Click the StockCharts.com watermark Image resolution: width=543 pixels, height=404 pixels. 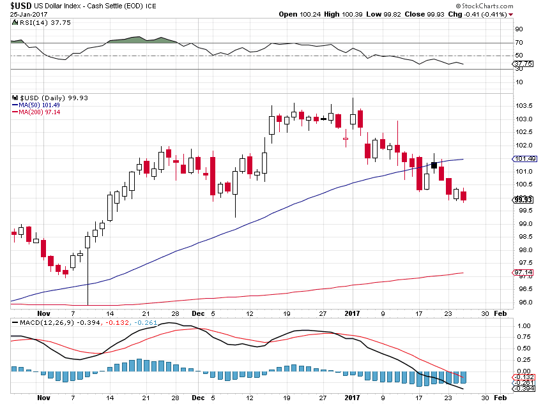(x=484, y=6)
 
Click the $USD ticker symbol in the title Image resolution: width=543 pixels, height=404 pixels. (x=21, y=6)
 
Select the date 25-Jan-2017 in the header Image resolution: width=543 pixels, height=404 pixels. (x=29, y=15)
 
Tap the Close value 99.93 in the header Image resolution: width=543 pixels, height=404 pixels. (x=435, y=15)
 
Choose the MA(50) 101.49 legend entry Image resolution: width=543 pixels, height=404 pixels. (x=36, y=105)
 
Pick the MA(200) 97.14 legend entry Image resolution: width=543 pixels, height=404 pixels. (x=36, y=112)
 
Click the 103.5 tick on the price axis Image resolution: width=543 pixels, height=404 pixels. (x=524, y=106)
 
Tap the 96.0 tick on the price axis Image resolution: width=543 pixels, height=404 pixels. (x=524, y=303)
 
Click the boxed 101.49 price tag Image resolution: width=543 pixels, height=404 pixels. (x=524, y=159)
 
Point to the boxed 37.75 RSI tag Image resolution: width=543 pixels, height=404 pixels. (x=523, y=64)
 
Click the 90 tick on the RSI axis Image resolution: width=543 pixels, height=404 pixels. (x=519, y=29)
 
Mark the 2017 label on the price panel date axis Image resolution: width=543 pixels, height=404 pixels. (x=352, y=313)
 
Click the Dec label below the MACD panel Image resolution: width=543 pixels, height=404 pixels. (x=198, y=398)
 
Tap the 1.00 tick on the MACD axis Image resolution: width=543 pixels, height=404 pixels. (x=524, y=326)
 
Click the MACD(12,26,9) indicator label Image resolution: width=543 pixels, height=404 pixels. (x=47, y=323)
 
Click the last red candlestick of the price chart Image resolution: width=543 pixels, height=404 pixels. (x=463, y=196)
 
